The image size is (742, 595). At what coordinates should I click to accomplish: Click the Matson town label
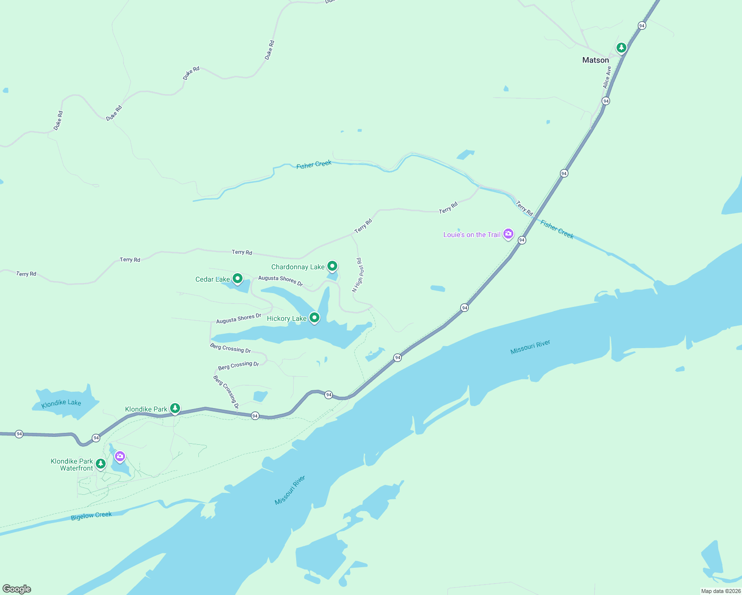point(595,60)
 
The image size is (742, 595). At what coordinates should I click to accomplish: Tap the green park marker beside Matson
point(621,48)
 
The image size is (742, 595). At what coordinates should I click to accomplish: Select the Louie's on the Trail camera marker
point(508,234)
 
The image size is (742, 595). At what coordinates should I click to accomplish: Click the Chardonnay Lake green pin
point(332,266)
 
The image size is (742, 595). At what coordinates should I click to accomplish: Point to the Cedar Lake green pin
point(238,279)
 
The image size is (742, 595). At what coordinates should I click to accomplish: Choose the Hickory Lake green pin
point(314,317)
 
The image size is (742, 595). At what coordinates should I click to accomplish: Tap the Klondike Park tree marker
point(175,408)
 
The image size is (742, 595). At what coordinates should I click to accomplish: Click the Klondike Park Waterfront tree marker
point(101,464)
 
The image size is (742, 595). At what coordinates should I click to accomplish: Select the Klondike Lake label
point(62,403)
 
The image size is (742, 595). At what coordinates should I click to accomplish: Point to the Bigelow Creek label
point(91,516)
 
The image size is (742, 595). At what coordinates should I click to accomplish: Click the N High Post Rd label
point(358,275)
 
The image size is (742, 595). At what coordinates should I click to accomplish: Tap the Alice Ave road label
point(607,77)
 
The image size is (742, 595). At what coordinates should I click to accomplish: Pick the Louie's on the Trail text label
point(472,235)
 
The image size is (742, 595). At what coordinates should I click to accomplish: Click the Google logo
point(17,589)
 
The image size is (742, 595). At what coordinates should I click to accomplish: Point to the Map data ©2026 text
point(721,591)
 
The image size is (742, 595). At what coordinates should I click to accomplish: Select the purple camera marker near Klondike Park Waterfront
point(120,456)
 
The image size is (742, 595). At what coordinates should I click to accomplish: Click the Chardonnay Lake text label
point(298,267)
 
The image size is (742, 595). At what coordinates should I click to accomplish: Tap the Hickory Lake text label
point(287,318)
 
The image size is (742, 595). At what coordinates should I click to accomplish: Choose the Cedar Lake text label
point(212,279)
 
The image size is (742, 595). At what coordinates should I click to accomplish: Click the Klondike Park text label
point(146,409)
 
